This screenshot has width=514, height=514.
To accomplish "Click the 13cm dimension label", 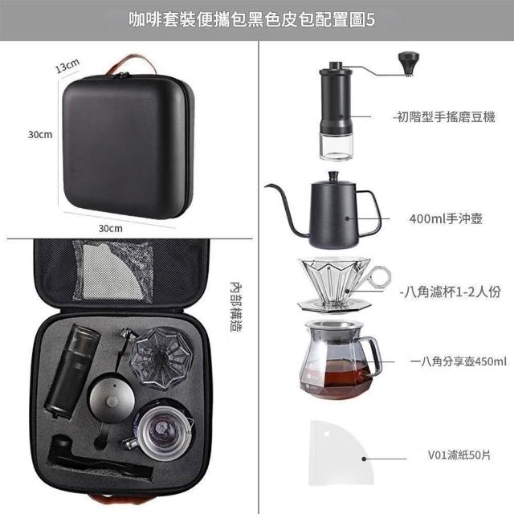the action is [67, 66].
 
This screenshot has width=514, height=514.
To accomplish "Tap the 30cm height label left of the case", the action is [40, 134].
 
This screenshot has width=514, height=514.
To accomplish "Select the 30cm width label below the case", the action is [111, 228].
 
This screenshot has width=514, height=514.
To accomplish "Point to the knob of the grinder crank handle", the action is [409, 63].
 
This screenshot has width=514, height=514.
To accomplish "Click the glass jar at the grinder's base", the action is [336, 147].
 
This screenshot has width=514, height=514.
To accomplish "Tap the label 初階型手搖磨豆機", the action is [444, 116].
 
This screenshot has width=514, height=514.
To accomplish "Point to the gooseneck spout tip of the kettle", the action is [267, 186].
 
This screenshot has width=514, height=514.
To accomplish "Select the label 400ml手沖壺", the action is [446, 218].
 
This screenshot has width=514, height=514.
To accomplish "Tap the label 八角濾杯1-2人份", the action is [451, 292].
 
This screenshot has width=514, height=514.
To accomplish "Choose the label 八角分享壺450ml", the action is [459, 361].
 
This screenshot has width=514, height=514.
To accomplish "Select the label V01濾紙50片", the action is [459, 455].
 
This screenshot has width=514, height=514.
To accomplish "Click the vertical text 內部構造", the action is [236, 307].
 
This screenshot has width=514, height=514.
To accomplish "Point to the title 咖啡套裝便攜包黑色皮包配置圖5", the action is [251, 20].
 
